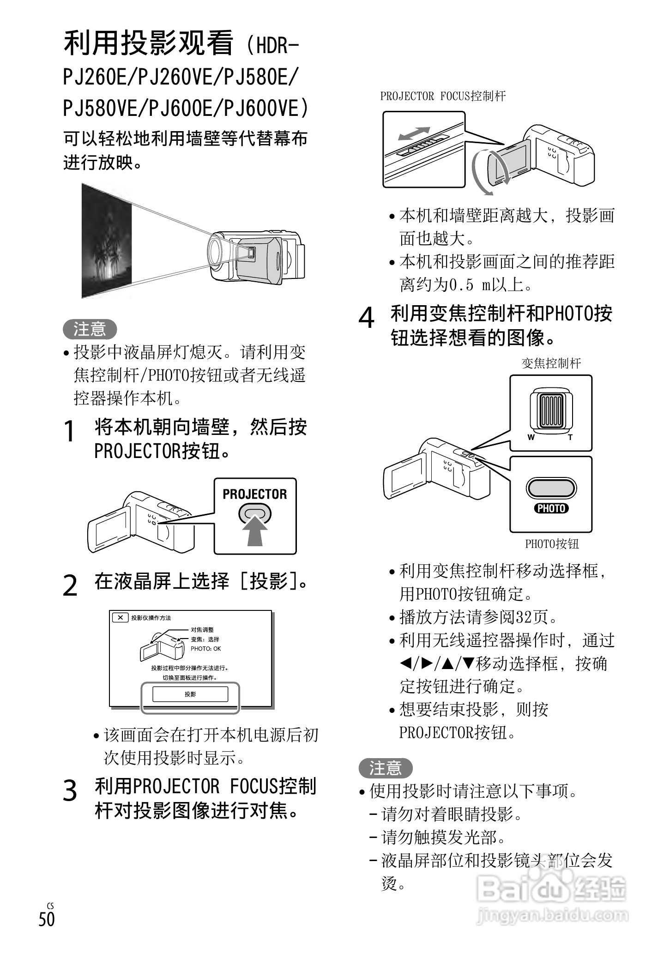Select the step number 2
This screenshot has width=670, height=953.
[70, 585]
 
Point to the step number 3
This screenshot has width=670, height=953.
[70, 790]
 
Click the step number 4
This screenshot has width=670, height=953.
[367, 318]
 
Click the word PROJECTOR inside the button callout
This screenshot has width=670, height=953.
[254, 495]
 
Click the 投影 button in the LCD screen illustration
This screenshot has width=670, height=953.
[190, 694]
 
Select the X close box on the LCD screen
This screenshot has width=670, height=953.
[120, 617]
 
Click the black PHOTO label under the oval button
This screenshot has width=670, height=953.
[551, 508]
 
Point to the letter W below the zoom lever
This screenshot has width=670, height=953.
[531, 437]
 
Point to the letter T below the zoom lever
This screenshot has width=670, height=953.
[570, 437]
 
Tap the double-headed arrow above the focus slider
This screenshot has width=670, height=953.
[414, 133]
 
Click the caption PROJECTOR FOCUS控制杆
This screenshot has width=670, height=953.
[443, 96]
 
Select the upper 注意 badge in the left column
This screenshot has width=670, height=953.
[90, 329]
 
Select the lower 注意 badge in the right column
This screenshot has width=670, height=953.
[385, 768]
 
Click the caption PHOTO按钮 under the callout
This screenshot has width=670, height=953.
[552, 544]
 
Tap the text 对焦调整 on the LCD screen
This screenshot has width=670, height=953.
[202, 630]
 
